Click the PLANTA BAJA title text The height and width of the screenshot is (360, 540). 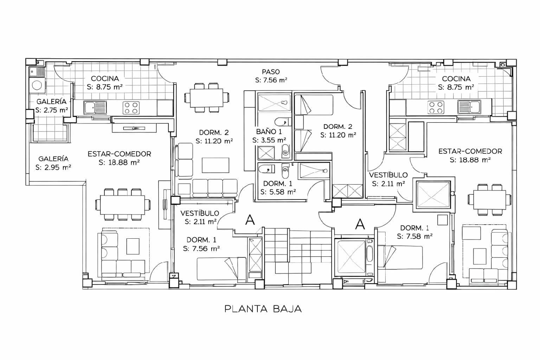tap(263, 309)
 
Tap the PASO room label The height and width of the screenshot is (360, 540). tap(271, 72)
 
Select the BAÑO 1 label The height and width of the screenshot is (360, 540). tap(269, 132)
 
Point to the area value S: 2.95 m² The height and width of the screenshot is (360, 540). tap(53, 167)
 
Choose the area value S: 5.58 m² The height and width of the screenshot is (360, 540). tap(278, 192)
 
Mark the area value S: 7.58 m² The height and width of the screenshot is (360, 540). tap(415, 237)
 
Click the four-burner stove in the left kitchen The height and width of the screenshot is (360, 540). tap(131, 108)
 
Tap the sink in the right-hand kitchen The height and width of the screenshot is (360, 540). tap(469, 107)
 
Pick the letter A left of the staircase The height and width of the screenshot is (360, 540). tap(250, 220)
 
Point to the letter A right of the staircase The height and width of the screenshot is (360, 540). tap(360, 224)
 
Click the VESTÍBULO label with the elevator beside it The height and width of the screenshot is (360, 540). tap(388, 175)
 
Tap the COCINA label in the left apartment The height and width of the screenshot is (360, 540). tap(105, 78)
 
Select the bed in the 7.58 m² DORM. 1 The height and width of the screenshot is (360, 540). tap(400, 257)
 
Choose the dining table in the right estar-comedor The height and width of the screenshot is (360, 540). tap(490, 199)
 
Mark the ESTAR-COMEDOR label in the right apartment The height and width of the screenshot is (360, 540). tap(470, 152)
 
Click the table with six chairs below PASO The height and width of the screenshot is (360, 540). tap(207, 98)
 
